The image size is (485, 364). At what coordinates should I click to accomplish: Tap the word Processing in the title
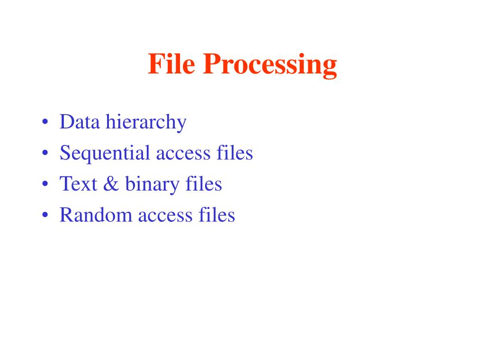[270, 65]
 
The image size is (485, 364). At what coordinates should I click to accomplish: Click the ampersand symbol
[109, 184]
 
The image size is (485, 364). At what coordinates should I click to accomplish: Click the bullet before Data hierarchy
[45, 123]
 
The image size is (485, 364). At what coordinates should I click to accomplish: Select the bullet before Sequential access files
[45, 154]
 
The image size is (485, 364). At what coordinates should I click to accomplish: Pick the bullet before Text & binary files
[45, 184]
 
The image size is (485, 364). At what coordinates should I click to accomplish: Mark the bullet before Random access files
[45, 216]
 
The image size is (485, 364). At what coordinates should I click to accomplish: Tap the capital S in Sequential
[65, 154]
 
